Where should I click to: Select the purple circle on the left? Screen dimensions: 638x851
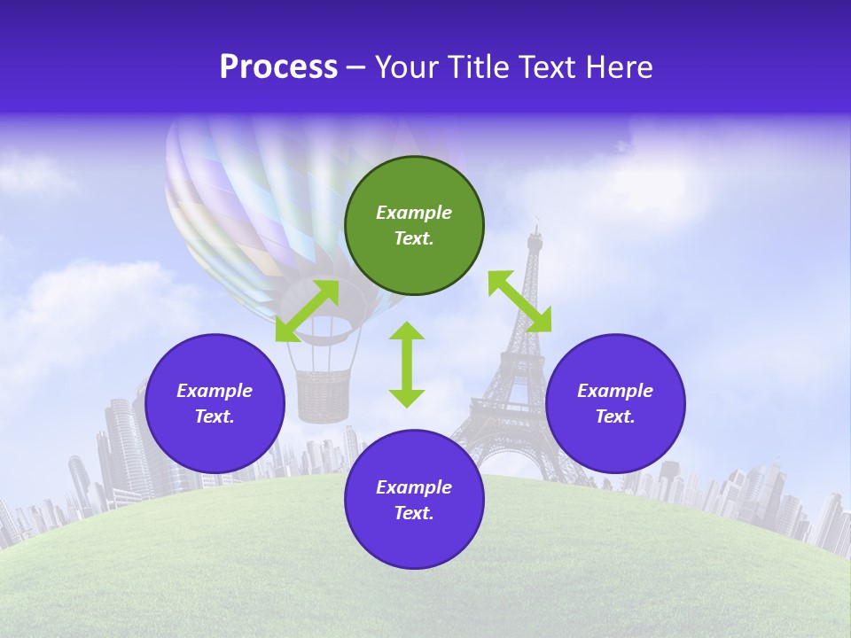(215, 403)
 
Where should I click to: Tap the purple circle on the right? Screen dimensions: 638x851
(615, 403)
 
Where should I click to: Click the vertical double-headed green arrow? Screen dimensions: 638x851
(407, 364)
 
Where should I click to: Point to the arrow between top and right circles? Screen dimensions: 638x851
(519, 301)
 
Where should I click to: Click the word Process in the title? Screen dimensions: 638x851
(278, 67)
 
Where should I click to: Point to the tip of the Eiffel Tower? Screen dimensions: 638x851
(535, 229)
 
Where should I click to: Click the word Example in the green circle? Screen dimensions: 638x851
(414, 213)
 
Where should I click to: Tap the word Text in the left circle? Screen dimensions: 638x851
(215, 416)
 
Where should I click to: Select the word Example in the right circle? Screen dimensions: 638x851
(615, 391)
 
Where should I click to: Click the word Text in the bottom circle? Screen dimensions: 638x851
(414, 513)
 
